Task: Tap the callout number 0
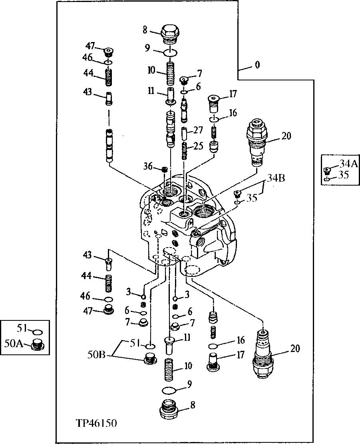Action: coord(258,65)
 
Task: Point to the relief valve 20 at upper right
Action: coord(257,141)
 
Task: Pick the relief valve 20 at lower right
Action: coord(263,354)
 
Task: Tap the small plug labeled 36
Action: coord(164,170)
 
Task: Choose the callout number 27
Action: coord(199,130)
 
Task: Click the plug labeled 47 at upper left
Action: coord(107,52)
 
